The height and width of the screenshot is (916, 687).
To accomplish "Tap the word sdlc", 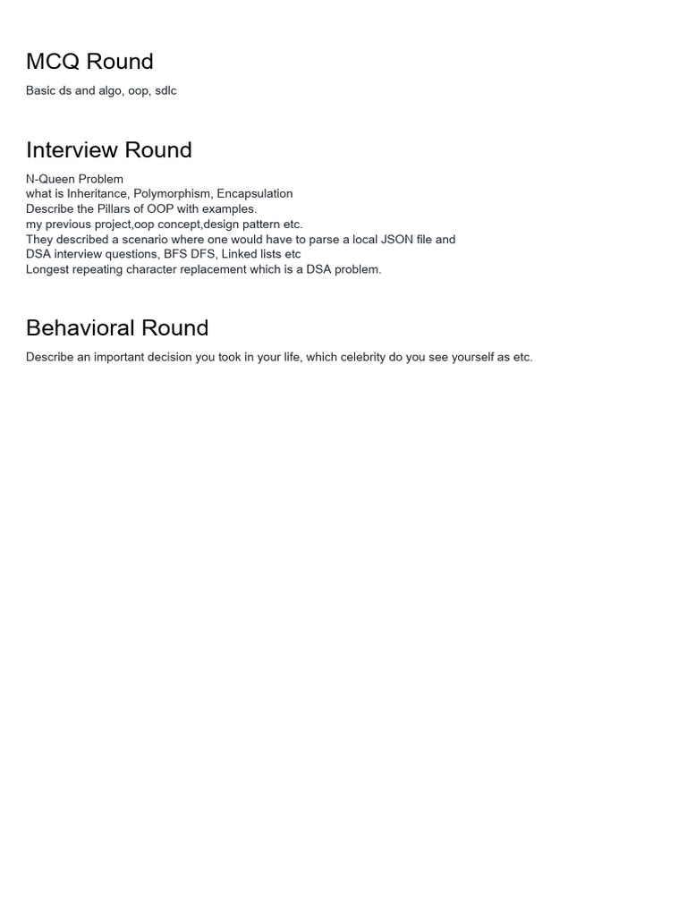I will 165,91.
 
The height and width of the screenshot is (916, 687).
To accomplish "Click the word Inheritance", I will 97,194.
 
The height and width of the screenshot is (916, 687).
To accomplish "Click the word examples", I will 229,209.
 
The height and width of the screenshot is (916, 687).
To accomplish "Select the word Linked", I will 240,255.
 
